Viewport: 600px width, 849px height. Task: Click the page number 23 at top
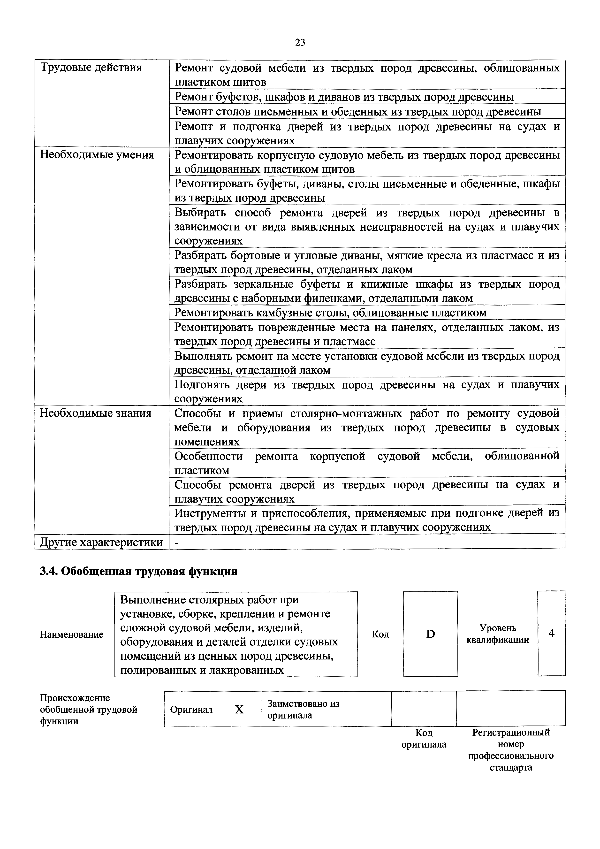click(300, 43)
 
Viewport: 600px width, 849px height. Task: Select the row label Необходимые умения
click(97, 154)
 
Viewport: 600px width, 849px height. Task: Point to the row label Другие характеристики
click(101, 542)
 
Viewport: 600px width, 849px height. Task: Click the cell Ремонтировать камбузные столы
click(330, 313)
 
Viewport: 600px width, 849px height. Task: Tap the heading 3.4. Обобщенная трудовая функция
click(138, 571)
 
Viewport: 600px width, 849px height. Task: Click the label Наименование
click(71, 635)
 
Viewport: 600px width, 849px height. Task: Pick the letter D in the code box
click(430, 634)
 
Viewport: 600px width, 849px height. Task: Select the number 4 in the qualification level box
click(551, 634)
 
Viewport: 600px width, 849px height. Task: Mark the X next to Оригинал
click(239, 709)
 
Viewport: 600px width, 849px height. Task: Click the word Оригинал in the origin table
click(191, 710)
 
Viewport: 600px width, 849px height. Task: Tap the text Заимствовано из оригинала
click(303, 709)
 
